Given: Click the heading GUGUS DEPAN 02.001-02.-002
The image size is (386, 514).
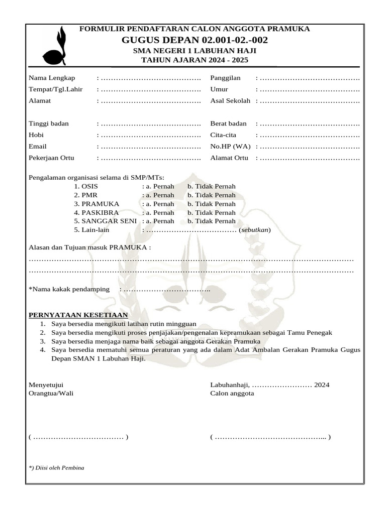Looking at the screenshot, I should click(195, 40).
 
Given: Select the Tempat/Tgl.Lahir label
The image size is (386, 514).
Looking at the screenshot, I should click(55, 89).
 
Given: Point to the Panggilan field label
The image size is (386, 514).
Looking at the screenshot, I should click(225, 78).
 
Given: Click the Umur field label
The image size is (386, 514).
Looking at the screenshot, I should click(219, 89).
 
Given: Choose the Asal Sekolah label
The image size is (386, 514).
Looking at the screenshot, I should click(230, 100).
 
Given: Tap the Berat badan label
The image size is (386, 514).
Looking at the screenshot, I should click(228, 123).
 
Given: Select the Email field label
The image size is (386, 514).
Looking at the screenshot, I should click(38, 147).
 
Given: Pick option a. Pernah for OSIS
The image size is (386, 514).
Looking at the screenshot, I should click(159, 186).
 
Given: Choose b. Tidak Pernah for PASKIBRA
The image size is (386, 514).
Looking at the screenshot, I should click(211, 212).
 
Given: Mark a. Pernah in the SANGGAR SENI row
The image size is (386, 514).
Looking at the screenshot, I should click(159, 221).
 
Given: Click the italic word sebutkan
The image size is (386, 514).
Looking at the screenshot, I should click(255, 230).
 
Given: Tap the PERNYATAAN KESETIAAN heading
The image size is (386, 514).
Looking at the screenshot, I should click(78, 315).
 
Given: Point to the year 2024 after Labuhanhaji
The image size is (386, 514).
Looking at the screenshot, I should click(322, 385).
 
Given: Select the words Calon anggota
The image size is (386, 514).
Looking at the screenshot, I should click(232, 394).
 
